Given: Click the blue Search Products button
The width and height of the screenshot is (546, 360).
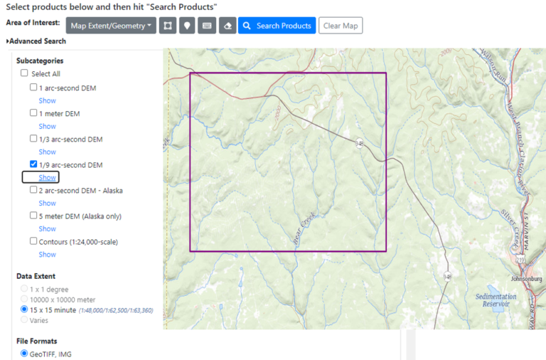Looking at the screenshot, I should click(x=277, y=26).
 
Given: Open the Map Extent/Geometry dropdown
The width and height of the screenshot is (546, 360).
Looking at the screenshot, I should click(x=111, y=26).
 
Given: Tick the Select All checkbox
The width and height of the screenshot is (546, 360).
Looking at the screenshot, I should click(x=25, y=73).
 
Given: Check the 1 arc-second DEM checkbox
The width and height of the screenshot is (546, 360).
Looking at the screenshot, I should click(x=33, y=88).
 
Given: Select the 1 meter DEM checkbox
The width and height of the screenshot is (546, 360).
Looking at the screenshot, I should click(x=33, y=113).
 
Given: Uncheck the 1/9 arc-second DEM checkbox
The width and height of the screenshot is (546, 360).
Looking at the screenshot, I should click(x=33, y=164).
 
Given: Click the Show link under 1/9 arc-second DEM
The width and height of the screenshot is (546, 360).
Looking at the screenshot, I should click(x=48, y=177).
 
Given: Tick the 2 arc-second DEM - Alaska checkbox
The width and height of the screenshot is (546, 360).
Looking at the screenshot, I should click(x=33, y=190).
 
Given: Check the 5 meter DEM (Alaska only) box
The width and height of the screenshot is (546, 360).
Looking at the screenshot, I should click(x=33, y=216).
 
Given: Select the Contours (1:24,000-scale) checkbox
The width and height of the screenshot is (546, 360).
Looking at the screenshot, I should click(x=33, y=241).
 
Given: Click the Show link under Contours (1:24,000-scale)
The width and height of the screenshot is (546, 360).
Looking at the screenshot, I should click(x=48, y=254).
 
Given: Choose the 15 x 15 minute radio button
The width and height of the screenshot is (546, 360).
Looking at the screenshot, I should click(x=25, y=310).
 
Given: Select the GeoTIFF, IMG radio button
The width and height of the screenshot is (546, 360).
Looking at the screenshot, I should click(x=25, y=354).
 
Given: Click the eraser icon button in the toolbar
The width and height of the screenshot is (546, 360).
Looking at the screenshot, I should click(x=227, y=26).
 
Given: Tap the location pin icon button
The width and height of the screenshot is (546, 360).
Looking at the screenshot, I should click(x=187, y=26).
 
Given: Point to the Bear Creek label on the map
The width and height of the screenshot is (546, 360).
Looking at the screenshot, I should click(x=304, y=232).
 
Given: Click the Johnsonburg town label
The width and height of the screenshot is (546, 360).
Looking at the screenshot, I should click(x=527, y=279).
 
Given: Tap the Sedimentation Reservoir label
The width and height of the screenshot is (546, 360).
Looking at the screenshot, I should click(x=496, y=300).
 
